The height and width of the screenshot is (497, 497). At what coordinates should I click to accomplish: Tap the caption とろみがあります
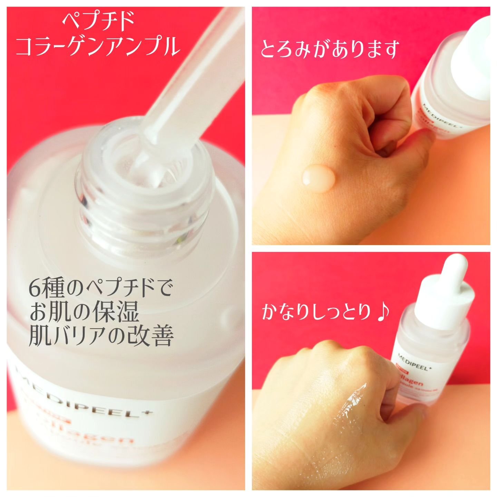[x=330, y=49]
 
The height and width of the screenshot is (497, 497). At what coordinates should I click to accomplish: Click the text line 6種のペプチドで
[x=100, y=289]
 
